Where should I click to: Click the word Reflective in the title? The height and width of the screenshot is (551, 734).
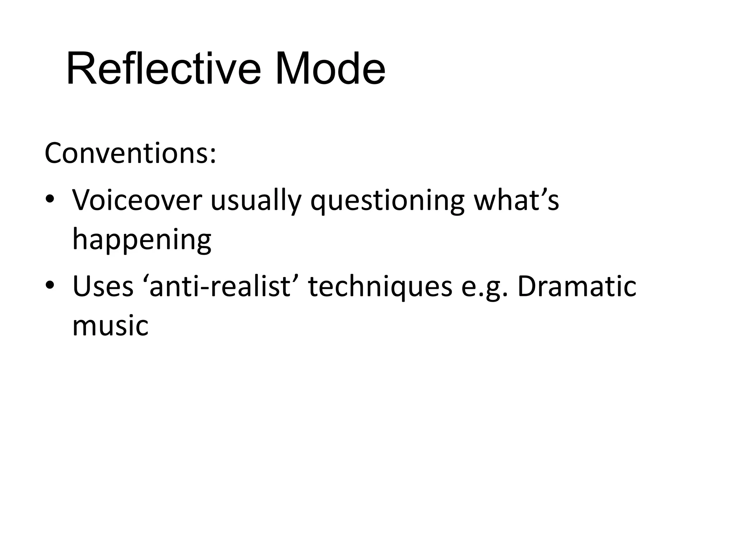pyautogui.click(x=163, y=69)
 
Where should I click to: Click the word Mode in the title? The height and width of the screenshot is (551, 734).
pyautogui.click(x=330, y=69)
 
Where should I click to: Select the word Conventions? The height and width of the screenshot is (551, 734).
pyautogui.click(x=130, y=153)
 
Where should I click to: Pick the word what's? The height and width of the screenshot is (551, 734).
pyautogui.click(x=516, y=200)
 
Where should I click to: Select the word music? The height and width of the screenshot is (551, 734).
pyautogui.click(x=110, y=326)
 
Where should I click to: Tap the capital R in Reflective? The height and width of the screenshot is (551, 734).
pyautogui.click(x=80, y=69)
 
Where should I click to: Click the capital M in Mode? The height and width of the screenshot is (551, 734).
pyautogui.click(x=292, y=69)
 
